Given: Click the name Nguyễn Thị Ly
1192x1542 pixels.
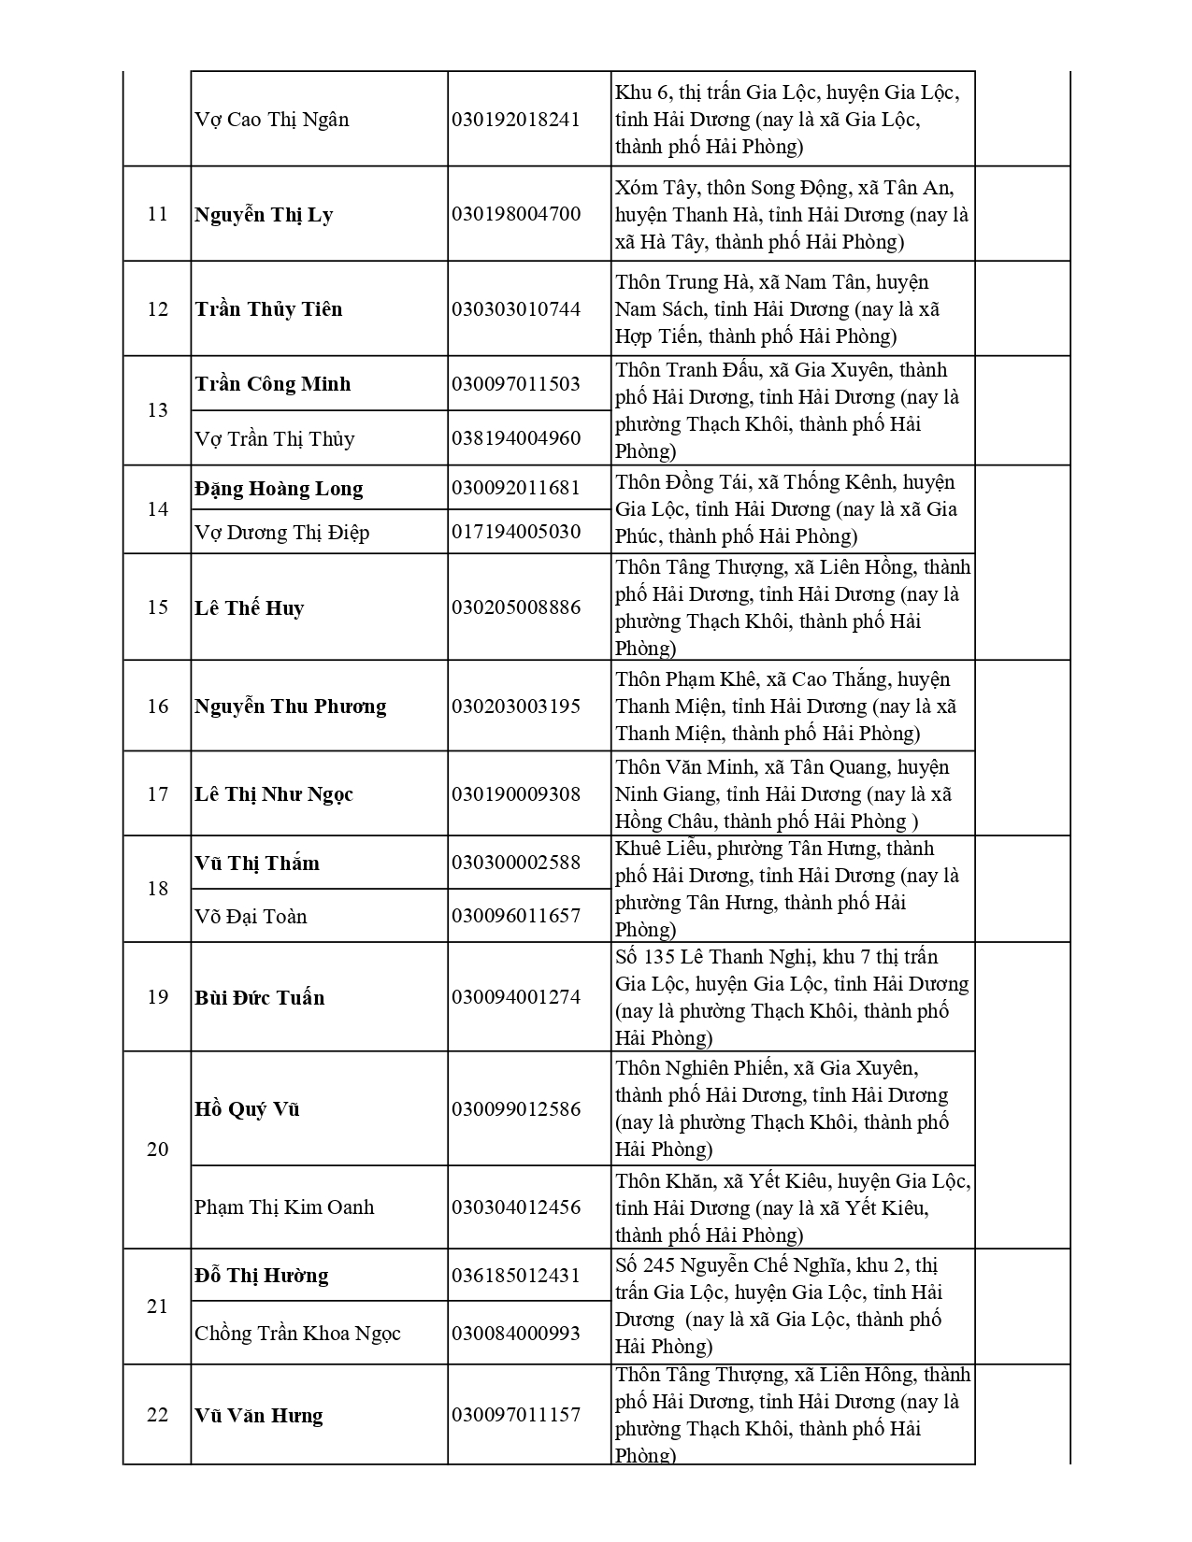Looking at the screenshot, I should (x=264, y=215).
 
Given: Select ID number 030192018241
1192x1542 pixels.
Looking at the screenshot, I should (x=516, y=120).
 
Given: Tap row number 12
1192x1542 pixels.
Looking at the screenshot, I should (x=157, y=309).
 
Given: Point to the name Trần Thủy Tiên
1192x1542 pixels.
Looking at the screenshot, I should (x=268, y=309).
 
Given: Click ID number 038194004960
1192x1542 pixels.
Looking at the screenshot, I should (x=516, y=438).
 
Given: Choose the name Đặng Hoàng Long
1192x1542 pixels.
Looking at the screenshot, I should (x=279, y=489).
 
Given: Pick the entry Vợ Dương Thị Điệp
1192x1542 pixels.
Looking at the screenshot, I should (x=281, y=533).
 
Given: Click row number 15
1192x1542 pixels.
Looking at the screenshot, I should (x=157, y=608).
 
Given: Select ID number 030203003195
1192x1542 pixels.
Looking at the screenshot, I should (x=516, y=707).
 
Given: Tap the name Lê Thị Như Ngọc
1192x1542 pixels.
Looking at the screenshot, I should (x=274, y=794).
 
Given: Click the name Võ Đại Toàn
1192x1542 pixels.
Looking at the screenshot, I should (x=251, y=917).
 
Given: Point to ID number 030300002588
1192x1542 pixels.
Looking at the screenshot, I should (x=516, y=863).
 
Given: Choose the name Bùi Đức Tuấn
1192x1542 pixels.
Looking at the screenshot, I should (x=260, y=998).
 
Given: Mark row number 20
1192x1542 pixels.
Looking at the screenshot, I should (x=157, y=1149).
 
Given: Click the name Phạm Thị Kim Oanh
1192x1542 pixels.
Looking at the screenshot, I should (x=284, y=1207).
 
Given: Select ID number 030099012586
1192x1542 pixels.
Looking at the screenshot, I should (x=516, y=1109).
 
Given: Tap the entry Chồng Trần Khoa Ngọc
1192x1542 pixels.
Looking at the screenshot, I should (x=297, y=1334).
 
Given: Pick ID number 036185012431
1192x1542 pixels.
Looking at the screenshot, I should (x=516, y=1276).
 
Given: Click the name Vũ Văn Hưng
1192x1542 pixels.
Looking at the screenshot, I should (x=259, y=1416).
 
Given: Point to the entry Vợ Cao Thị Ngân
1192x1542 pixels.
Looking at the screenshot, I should (x=272, y=120).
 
